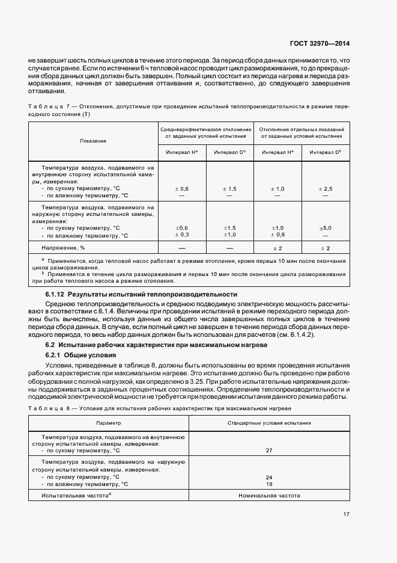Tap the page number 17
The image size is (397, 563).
point(347,514)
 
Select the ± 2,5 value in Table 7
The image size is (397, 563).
point(326,189)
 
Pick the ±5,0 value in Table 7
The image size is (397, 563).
point(326,228)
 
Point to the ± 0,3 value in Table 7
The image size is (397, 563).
point(182,235)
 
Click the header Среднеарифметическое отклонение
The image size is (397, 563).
point(205,129)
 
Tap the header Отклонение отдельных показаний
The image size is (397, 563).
point(301,129)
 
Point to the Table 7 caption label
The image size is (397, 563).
point(53,106)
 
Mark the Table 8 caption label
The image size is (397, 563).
point(53,408)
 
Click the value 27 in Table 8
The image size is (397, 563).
point(269,450)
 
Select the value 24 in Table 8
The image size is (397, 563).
point(269,477)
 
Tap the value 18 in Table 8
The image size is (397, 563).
point(269,484)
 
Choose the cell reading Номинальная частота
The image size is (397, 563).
point(269,496)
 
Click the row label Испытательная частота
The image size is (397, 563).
point(75,496)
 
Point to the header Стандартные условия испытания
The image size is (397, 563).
point(269,423)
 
